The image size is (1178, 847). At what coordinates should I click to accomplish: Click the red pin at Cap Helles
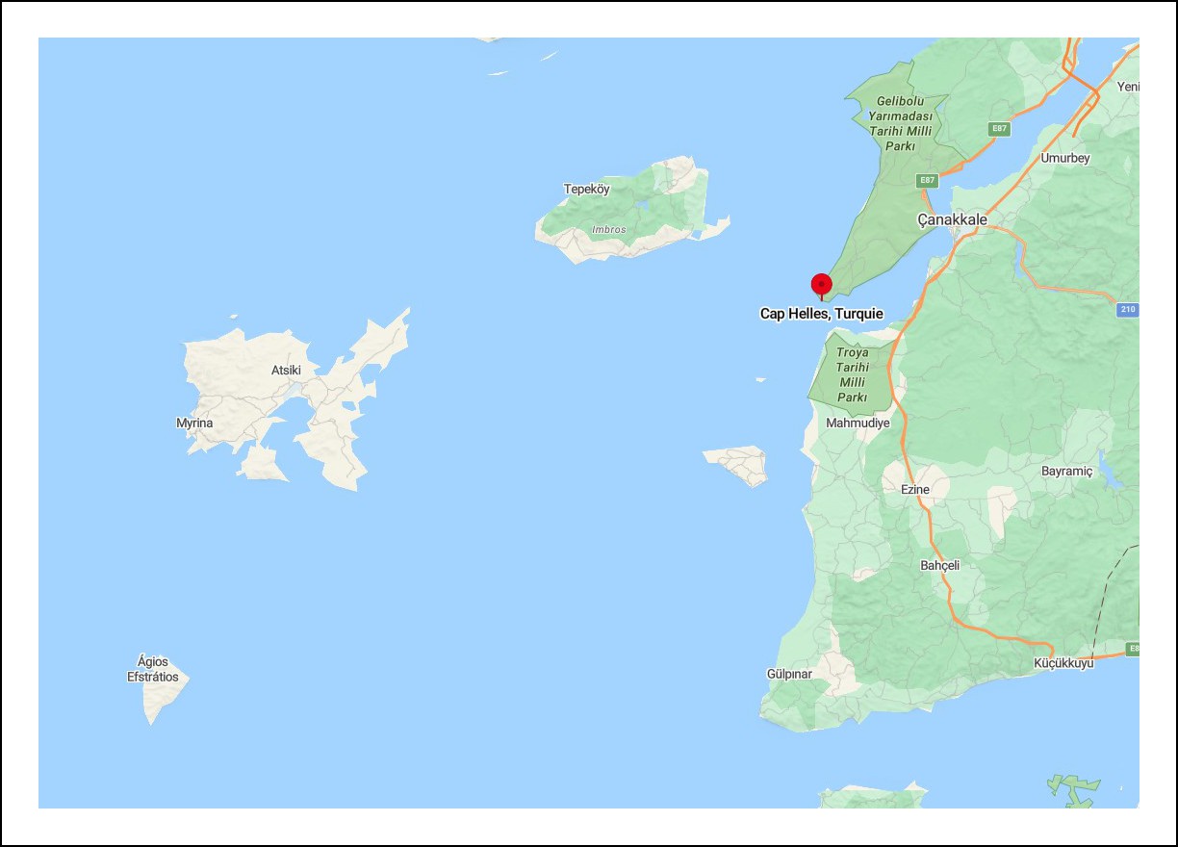coord(821,285)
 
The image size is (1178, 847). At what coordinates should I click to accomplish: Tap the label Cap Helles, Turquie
coord(821,314)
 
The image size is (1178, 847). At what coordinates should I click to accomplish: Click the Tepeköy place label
coord(586,190)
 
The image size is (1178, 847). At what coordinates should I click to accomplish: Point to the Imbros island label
coord(608,230)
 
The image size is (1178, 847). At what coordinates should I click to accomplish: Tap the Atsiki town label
coord(286,371)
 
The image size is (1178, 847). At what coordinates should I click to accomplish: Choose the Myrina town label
coord(194,423)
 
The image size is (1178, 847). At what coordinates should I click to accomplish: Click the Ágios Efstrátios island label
coord(153,669)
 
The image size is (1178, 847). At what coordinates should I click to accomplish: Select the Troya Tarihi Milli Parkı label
coord(852,375)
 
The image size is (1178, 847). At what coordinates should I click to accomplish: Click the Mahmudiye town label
coord(858,423)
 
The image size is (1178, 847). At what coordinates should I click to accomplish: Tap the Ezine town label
coord(914,490)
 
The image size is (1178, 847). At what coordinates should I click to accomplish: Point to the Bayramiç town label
coord(1067,472)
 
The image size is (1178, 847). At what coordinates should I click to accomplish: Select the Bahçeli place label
coord(939,566)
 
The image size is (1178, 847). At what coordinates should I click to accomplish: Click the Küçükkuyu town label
coord(1063,664)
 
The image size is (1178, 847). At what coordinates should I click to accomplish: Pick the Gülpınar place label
coord(789,674)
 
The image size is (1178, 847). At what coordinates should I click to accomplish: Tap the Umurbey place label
coord(1064,159)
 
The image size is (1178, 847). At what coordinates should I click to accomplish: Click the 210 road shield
coord(1128,310)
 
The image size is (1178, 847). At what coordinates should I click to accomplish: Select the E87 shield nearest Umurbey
coord(999,129)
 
